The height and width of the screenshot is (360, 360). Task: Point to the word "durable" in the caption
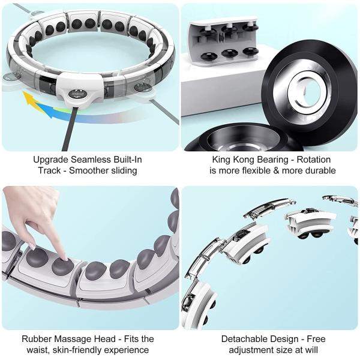pyautogui.click(x=319, y=170)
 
